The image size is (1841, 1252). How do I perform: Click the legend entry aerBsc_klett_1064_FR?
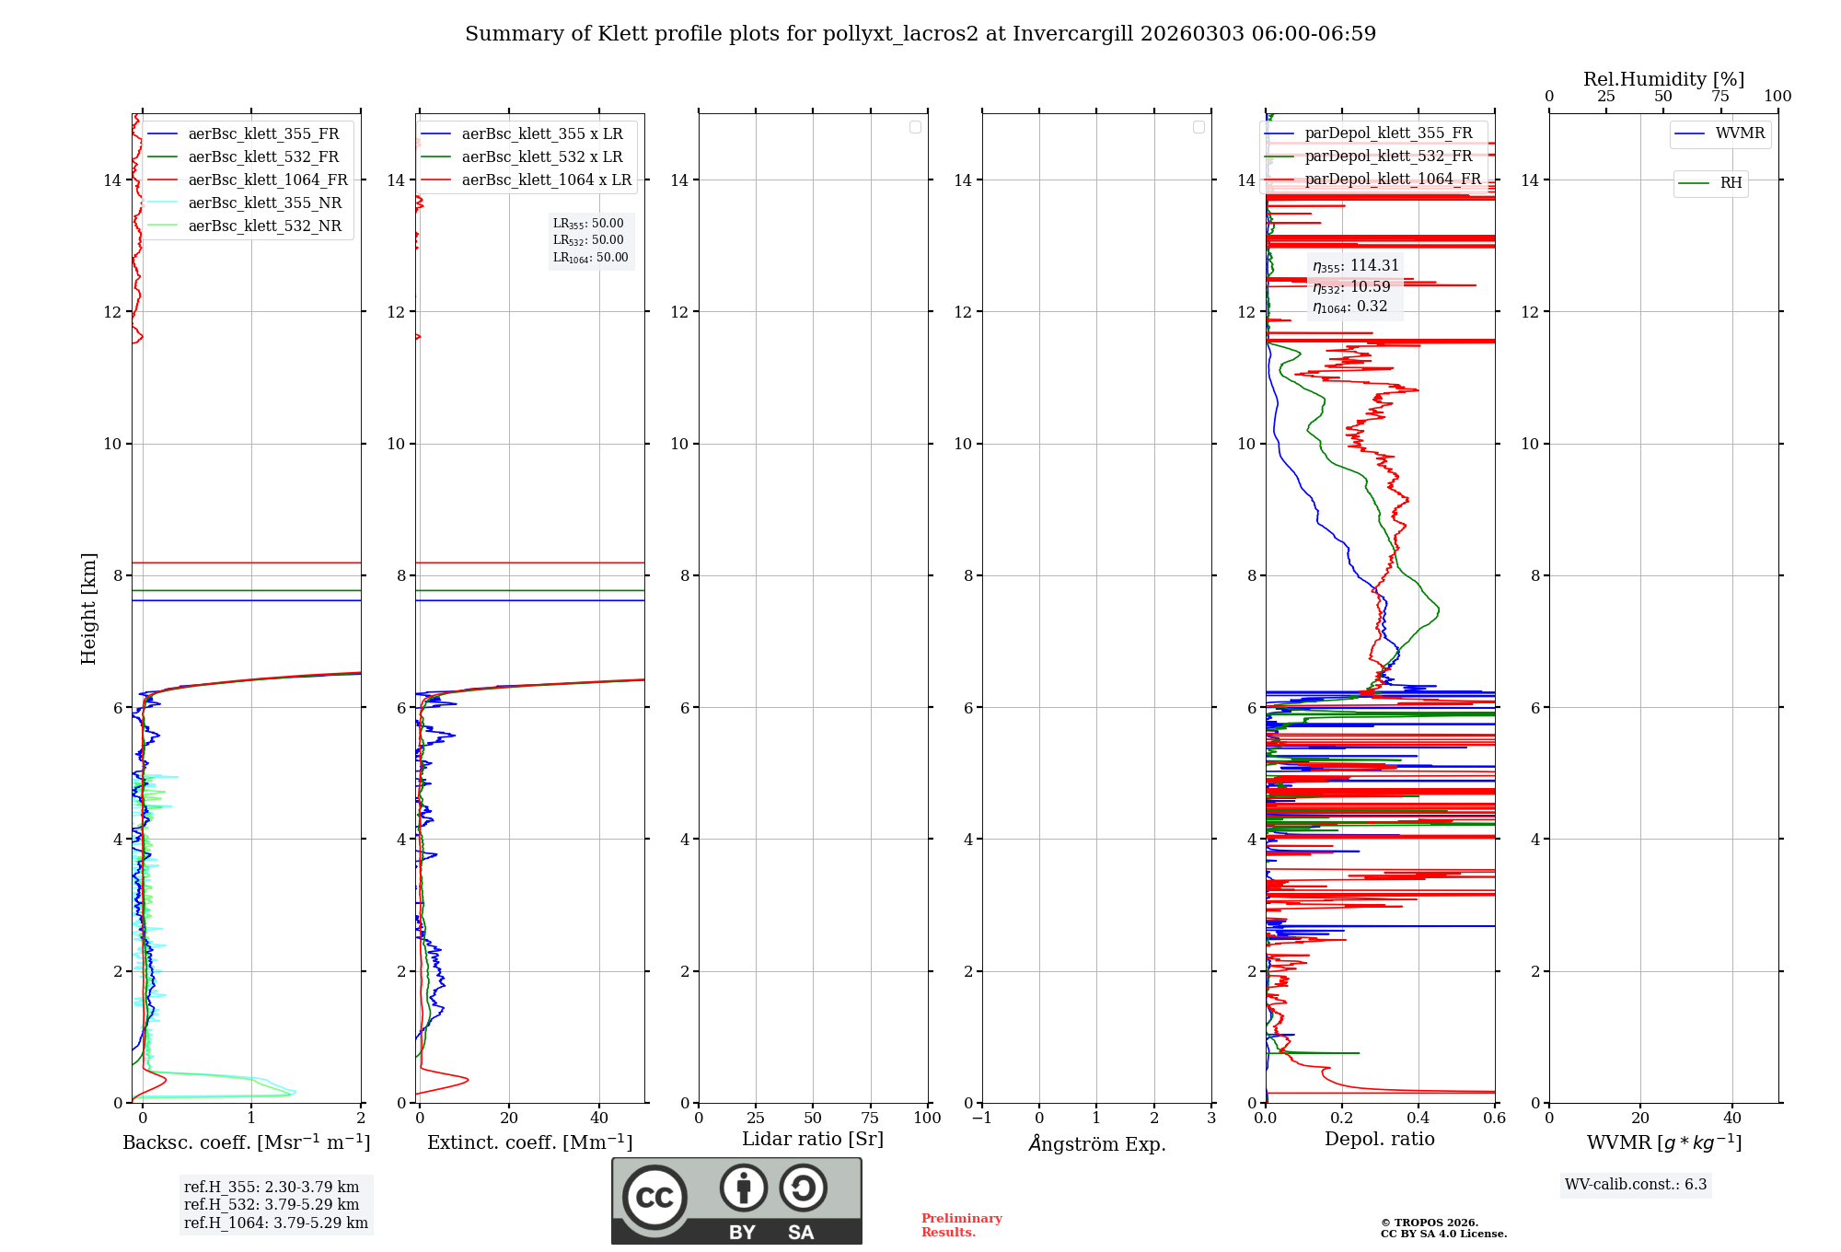tap(268, 180)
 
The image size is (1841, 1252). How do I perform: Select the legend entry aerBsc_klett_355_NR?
tap(264, 203)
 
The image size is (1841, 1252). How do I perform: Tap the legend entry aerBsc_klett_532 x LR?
tap(541, 157)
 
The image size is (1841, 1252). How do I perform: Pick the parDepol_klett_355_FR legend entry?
tap(1388, 133)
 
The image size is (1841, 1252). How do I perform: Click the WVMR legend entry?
tap(1740, 133)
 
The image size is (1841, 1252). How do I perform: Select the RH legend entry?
tap(1731, 183)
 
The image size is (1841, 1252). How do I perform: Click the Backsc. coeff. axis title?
tap(246, 1142)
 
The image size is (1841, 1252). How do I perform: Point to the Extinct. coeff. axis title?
tap(529, 1142)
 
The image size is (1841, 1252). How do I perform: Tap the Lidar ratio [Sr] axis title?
tap(813, 1140)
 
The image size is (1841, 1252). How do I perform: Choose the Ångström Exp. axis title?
tap(1096, 1144)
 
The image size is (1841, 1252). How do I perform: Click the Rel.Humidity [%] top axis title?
tap(1663, 79)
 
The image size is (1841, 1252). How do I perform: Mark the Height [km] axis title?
tap(88, 609)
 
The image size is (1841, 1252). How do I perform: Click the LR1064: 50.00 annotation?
tap(590, 258)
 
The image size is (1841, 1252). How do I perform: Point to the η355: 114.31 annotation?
tap(1355, 266)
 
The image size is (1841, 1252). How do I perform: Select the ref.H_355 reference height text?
tap(272, 1188)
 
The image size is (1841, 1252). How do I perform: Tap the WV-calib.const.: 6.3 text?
tap(1636, 1185)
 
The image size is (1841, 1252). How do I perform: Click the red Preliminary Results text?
tap(961, 1225)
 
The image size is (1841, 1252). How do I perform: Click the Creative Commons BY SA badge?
tap(736, 1200)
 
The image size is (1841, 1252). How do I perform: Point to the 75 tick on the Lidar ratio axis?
tap(870, 1119)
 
